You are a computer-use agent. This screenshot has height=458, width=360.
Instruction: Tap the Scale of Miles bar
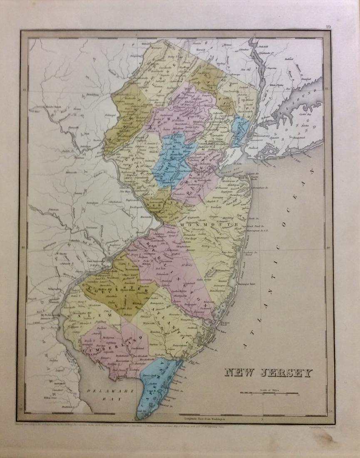pos(268,393)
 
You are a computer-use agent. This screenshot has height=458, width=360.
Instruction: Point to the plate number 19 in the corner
pos(328,28)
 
